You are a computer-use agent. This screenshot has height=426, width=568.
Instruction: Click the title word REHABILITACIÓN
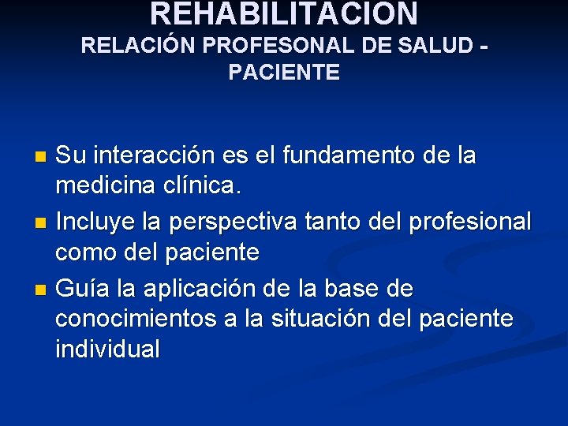tap(284, 13)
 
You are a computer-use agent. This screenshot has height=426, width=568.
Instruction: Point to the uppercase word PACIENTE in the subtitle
tap(284, 73)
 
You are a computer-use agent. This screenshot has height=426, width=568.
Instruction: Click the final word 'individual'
tap(107, 349)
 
